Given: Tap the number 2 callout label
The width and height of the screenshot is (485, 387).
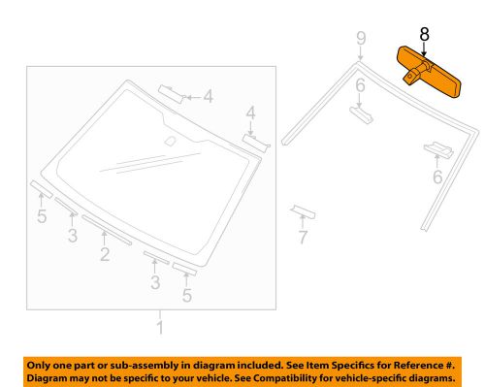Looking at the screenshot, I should (x=103, y=255).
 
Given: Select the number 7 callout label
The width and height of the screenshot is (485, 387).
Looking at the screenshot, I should (x=302, y=236).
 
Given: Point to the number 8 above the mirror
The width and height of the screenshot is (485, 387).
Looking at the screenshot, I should (x=424, y=34).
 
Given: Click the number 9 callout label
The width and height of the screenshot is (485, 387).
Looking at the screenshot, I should (x=361, y=40).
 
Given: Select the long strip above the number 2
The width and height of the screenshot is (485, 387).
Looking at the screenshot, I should (x=108, y=231).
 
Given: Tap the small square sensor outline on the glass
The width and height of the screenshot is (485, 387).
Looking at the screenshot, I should (x=170, y=143).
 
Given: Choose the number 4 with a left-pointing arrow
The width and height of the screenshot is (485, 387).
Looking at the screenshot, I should (x=207, y=96).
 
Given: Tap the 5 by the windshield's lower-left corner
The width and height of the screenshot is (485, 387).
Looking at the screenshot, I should (x=42, y=216).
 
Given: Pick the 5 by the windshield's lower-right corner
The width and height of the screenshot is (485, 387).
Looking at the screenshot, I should (x=187, y=295).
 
